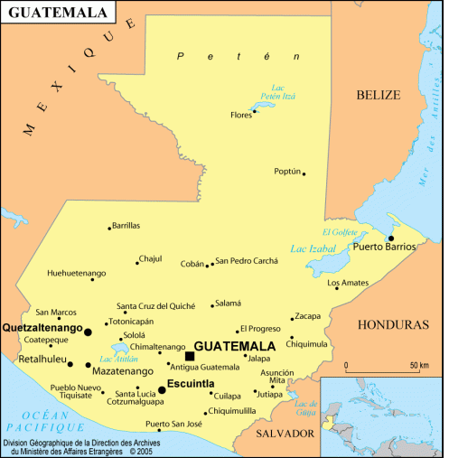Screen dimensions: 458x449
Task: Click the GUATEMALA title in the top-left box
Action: click(57, 14)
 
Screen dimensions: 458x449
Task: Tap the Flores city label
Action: click(241, 116)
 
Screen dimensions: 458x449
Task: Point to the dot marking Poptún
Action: click(304, 173)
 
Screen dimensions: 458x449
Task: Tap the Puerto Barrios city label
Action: click(384, 247)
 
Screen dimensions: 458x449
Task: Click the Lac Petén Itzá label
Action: click(284, 90)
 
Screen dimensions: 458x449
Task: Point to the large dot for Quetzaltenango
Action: click(88, 332)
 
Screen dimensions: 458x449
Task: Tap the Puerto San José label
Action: click(174, 424)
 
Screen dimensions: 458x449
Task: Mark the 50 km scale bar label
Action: click(419, 365)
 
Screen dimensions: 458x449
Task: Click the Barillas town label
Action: click(127, 226)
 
